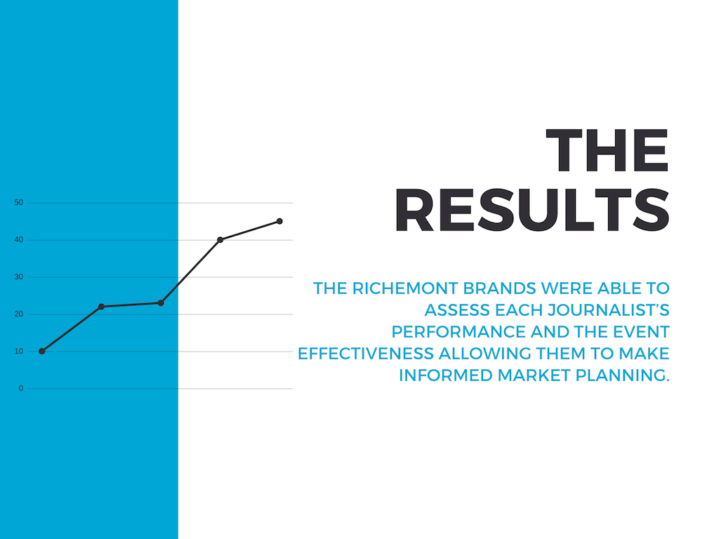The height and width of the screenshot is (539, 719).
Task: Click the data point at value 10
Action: pyautogui.click(x=42, y=351)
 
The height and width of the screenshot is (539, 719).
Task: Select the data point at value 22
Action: pyautogui.click(x=101, y=307)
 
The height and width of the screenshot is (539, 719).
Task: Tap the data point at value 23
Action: pyautogui.click(x=161, y=303)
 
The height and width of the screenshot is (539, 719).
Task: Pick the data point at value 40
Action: pyautogui.click(x=220, y=240)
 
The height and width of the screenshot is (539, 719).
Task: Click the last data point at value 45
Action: pyautogui.click(x=279, y=221)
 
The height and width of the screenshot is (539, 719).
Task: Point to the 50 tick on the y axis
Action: pyautogui.click(x=19, y=203)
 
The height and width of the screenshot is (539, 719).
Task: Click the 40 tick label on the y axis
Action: pyautogui.click(x=19, y=240)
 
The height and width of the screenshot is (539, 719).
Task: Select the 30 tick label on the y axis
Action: pyautogui.click(x=19, y=277)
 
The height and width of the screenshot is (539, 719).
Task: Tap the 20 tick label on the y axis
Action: pyautogui.click(x=19, y=314)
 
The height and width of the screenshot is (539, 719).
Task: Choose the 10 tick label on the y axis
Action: pyautogui.click(x=19, y=351)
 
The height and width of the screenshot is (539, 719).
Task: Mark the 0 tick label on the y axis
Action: pyautogui.click(x=20, y=389)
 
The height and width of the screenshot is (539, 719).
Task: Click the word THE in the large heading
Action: pyautogui.click(x=607, y=150)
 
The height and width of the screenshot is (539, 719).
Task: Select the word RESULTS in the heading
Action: pyautogui.click(x=532, y=211)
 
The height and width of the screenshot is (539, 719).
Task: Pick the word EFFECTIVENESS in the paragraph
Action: pyautogui.click(x=366, y=354)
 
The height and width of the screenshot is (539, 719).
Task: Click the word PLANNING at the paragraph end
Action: pyautogui.click(x=622, y=375)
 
